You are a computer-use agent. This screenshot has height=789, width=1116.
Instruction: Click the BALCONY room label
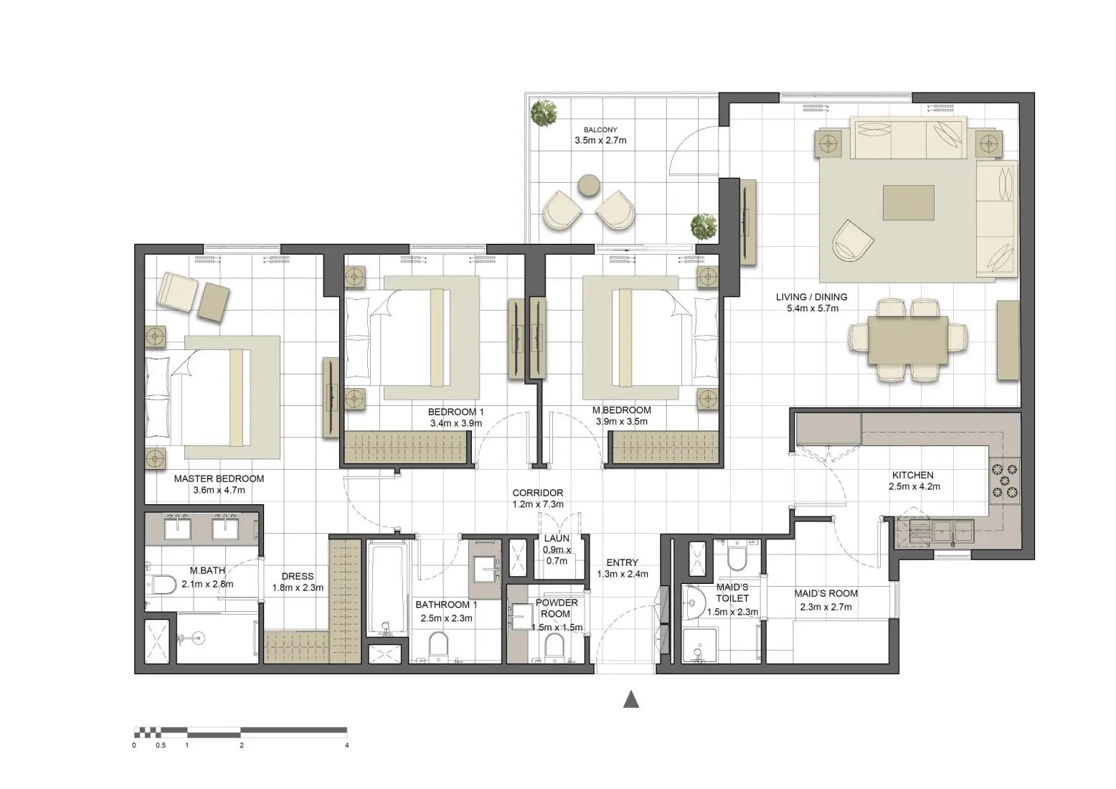600,130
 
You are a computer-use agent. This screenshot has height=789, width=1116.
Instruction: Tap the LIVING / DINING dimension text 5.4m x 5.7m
812,308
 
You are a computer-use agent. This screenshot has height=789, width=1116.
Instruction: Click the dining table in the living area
908,341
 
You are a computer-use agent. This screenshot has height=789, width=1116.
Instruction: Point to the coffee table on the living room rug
909,202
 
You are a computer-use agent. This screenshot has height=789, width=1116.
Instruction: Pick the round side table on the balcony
589,185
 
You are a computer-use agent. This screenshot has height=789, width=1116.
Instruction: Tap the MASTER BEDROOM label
219,478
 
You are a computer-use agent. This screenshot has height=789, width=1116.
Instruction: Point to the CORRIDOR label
537,493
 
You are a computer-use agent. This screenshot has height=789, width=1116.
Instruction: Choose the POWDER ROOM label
557,608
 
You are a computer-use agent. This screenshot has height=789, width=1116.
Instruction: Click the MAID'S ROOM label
826,593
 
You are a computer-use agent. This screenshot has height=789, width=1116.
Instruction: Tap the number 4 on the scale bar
347,745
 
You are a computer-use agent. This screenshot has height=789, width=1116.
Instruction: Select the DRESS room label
297,576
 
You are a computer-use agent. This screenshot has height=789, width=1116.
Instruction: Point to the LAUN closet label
557,538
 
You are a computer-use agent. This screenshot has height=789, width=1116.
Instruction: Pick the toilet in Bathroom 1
438,643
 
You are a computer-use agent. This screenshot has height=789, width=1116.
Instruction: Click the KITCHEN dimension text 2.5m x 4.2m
914,486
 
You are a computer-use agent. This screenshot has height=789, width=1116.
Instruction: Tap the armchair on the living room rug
852,239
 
